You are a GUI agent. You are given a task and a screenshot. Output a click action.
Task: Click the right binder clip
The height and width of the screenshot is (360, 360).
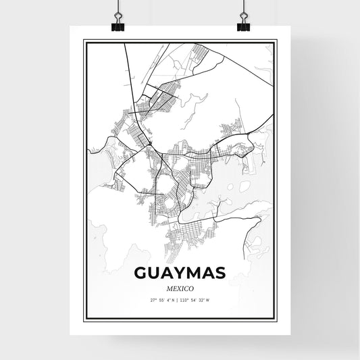click(x=242, y=20)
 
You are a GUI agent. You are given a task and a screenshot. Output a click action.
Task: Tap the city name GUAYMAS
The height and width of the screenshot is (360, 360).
click(x=180, y=274)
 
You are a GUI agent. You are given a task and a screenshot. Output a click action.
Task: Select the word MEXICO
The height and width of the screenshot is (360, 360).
click(x=180, y=288)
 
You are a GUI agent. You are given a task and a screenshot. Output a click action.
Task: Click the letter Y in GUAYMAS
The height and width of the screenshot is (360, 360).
click(x=178, y=274)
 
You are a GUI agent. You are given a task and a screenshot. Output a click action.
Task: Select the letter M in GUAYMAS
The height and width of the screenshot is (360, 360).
click(x=192, y=274)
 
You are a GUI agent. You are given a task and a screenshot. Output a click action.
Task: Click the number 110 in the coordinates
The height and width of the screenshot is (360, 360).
click(x=186, y=301)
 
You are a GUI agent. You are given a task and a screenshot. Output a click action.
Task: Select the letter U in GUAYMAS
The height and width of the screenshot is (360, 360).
click(x=154, y=274)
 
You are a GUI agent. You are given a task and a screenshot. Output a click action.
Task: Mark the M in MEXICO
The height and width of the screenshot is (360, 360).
click(x=166, y=288)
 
